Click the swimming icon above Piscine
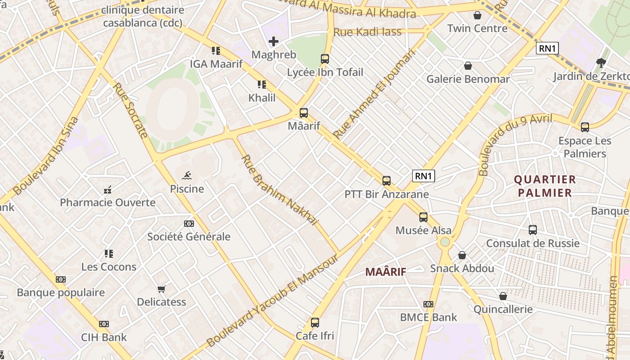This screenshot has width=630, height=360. (x=187, y=175)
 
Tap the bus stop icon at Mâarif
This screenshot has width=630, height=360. (x=304, y=113)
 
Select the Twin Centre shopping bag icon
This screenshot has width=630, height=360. (x=477, y=16)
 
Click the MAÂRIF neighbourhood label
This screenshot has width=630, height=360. (x=386, y=272)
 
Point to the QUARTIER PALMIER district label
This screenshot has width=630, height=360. (x=544, y=186)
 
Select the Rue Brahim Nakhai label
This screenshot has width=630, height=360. (x=279, y=190)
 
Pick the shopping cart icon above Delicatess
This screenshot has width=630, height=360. (x=162, y=289)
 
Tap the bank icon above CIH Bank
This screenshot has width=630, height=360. (x=104, y=324)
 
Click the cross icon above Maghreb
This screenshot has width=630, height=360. (x=273, y=42)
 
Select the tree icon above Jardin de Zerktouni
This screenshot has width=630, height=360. (x=601, y=63)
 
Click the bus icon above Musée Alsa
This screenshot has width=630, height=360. (x=423, y=217)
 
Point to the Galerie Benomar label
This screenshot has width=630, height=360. (x=468, y=79)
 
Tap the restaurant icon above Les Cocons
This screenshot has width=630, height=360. (x=109, y=254)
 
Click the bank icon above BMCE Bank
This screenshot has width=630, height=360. (x=428, y=304)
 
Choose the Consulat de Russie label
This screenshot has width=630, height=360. (x=533, y=243)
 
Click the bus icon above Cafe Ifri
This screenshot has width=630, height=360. (x=315, y=323)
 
